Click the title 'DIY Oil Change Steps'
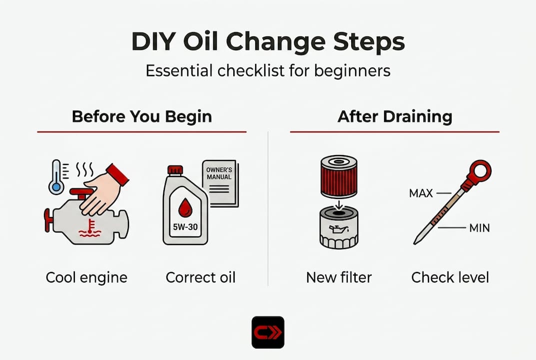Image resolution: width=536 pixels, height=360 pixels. point(268,42)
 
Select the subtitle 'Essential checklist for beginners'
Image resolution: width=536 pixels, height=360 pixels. point(268,70)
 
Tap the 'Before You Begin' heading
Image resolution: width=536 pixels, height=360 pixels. point(142,116)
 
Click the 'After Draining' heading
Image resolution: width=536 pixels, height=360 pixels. point(395,116)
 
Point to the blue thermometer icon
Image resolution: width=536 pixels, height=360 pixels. point(56,177)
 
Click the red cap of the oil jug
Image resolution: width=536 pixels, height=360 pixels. point(175,170)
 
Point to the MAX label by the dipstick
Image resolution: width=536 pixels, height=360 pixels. point(421,193)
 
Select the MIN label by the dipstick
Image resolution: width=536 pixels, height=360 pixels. point(479,228)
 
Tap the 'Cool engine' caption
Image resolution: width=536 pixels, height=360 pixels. point(86,277)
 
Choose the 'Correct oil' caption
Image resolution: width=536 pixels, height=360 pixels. point(200,277)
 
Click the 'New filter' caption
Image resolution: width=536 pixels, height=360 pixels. point(339,277)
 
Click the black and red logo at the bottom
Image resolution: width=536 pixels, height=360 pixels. point(268,332)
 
